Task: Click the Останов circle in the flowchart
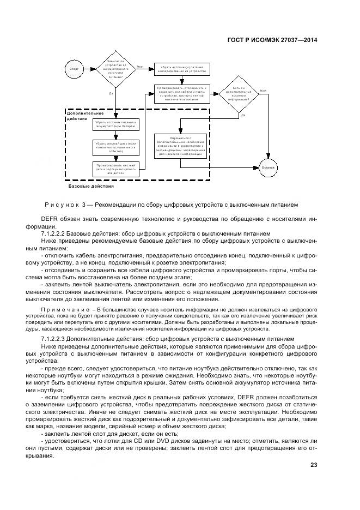coord(270,167)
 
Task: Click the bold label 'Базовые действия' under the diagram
coord(91,187)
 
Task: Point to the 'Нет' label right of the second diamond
coord(263,91)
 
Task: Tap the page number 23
coord(314,465)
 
